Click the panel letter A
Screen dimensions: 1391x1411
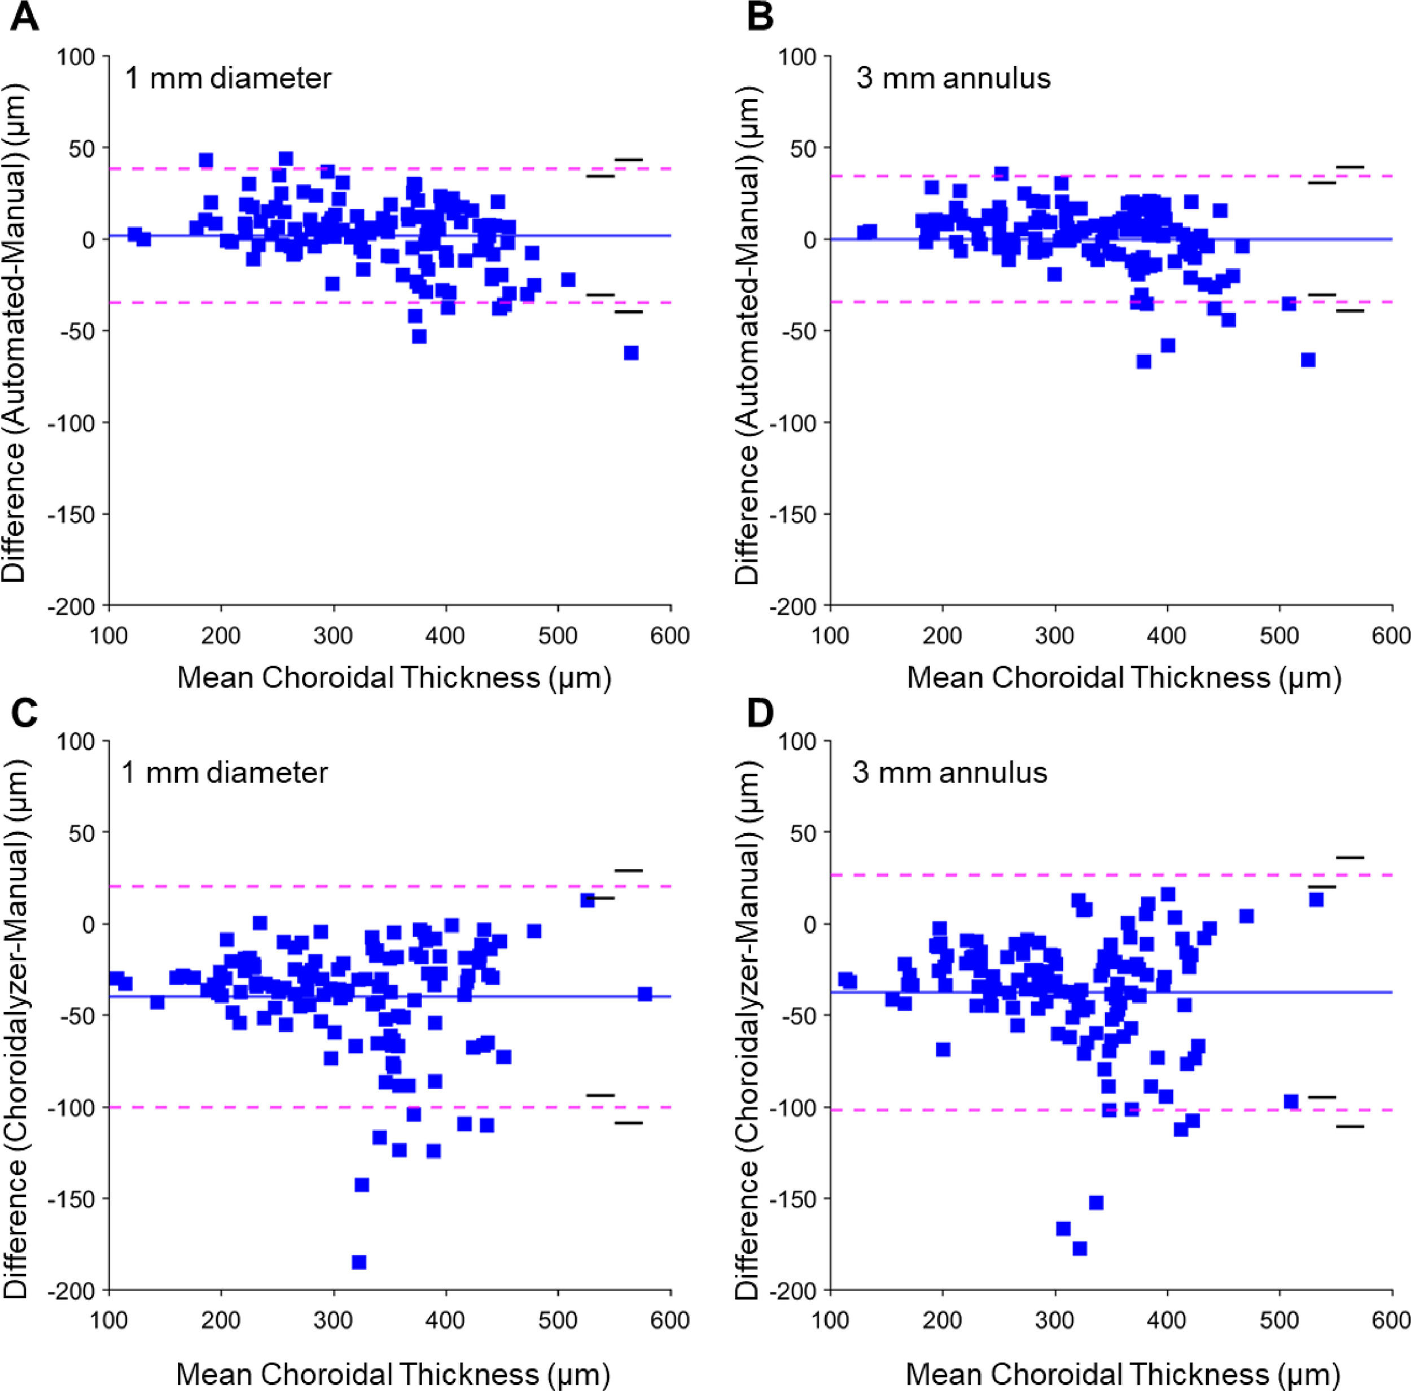click(24, 16)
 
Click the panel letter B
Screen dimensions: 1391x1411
click(760, 16)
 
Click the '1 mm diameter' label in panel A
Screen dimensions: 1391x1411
click(228, 78)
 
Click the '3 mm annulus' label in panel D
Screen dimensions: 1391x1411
click(949, 772)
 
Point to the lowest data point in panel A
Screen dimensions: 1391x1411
click(631, 353)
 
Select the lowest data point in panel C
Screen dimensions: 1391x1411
click(358, 1262)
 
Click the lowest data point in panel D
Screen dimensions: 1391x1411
click(1080, 1248)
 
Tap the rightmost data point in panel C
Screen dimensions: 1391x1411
click(644, 994)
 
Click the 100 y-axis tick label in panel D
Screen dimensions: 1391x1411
click(797, 742)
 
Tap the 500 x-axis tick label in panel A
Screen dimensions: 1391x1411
click(558, 636)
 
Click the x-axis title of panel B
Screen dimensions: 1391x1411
click(1124, 678)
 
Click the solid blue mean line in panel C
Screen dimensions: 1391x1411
click(511, 996)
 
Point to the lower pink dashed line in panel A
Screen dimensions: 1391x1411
click(219, 303)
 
